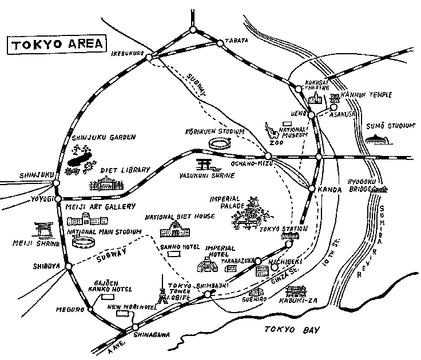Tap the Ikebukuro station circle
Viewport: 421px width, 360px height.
149,57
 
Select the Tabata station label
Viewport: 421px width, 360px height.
239,40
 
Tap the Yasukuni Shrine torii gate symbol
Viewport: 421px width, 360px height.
204,164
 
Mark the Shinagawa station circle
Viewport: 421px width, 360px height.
135,327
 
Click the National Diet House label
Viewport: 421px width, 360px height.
180,217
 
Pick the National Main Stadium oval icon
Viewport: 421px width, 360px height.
83,242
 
